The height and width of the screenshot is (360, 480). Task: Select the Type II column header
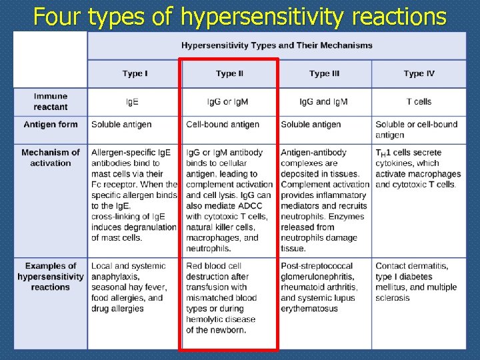coord(229,74)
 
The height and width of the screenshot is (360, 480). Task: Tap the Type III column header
coord(324,74)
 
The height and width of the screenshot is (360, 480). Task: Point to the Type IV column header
coord(419,74)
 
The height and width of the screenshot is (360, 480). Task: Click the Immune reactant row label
coord(51,101)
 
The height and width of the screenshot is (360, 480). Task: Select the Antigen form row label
coord(51,125)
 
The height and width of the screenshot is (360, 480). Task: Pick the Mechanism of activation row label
coord(51,157)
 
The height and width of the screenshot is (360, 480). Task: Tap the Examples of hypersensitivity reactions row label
coord(51,277)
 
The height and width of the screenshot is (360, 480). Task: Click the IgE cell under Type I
coord(133,102)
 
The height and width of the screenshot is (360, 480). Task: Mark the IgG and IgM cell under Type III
coord(324,102)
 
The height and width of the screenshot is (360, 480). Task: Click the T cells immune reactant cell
coord(419,102)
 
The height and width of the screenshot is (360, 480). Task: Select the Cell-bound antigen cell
coord(223,125)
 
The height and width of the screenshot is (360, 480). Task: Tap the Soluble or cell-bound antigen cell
coord(416,129)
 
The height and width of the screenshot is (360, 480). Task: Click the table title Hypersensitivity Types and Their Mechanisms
coord(277,45)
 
